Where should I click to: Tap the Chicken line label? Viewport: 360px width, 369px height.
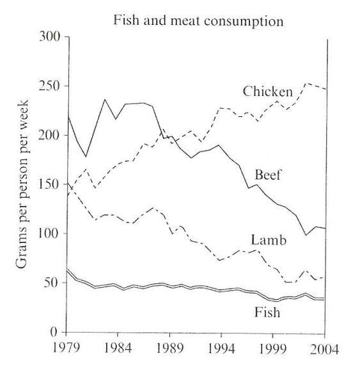(x=268, y=92)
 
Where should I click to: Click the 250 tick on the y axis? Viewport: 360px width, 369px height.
(x=49, y=86)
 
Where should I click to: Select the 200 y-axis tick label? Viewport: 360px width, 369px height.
(x=49, y=136)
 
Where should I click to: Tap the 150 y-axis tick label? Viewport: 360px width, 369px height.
(x=49, y=185)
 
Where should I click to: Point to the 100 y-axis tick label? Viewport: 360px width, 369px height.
(x=49, y=234)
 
